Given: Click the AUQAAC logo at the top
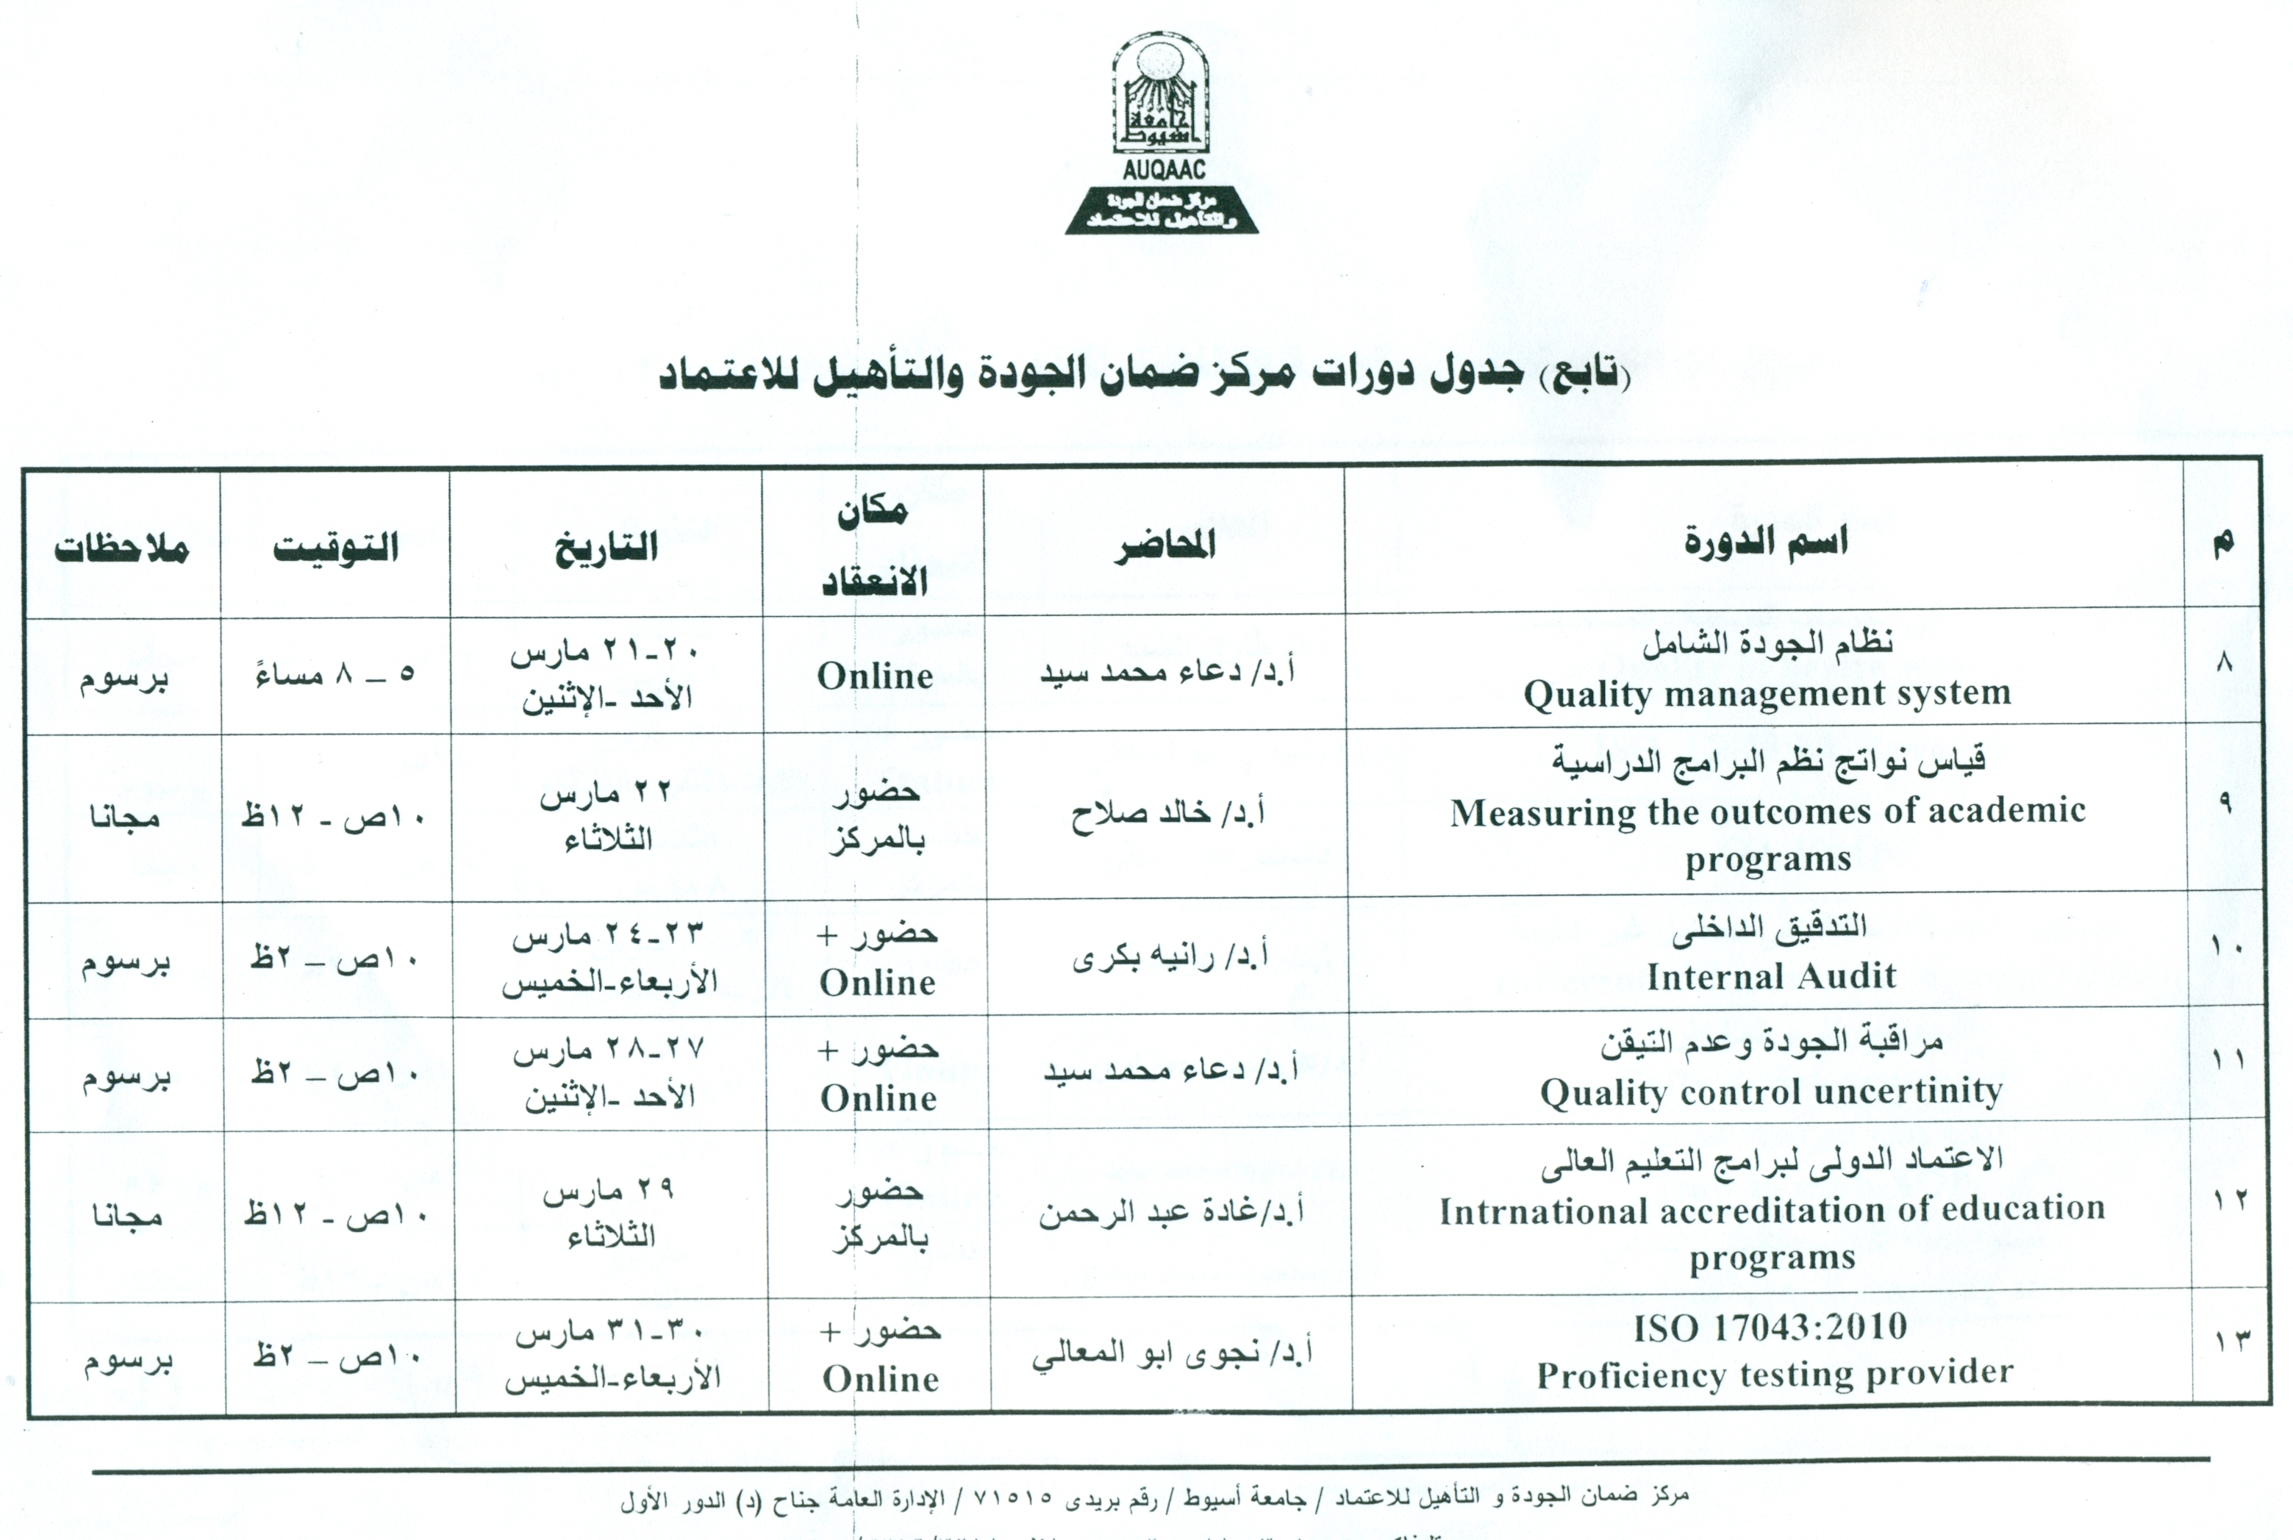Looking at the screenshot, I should click(1162, 137).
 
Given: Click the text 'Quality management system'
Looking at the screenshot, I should click(1767, 693).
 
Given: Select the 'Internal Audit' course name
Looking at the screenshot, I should click(1770, 976).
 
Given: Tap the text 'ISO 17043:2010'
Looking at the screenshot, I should click(1770, 1328).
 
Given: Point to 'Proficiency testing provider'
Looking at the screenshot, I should click(1775, 1374).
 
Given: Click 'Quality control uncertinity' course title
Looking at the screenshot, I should click(1770, 1092).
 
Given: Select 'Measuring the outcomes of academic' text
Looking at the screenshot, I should click(1767, 812).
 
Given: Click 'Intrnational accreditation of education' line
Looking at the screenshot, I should click(1772, 1210).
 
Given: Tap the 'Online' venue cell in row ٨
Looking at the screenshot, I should click(875, 676).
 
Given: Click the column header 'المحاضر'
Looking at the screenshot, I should click(1165, 544).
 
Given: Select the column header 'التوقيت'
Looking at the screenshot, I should click(336, 546).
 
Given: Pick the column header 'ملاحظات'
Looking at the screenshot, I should click(122, 547).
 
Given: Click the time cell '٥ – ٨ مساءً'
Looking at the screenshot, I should click(335, 675).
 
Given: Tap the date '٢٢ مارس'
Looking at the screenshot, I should click(606, 792).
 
